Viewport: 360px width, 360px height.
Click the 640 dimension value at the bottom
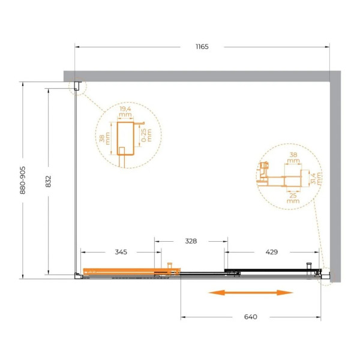[x=250, y=317]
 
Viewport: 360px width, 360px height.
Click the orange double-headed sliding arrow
[x=250, y=293]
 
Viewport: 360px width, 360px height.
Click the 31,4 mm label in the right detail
[x=319, y=178]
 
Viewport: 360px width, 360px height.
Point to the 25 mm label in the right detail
[x=293, y=197]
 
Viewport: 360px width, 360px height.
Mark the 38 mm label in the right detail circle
[x=293, y=157]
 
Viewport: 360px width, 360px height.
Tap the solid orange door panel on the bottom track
[x=120, y=271]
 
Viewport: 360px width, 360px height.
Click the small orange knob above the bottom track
[x=170, y=265]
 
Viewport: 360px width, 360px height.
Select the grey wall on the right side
[x=335, y=180]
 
